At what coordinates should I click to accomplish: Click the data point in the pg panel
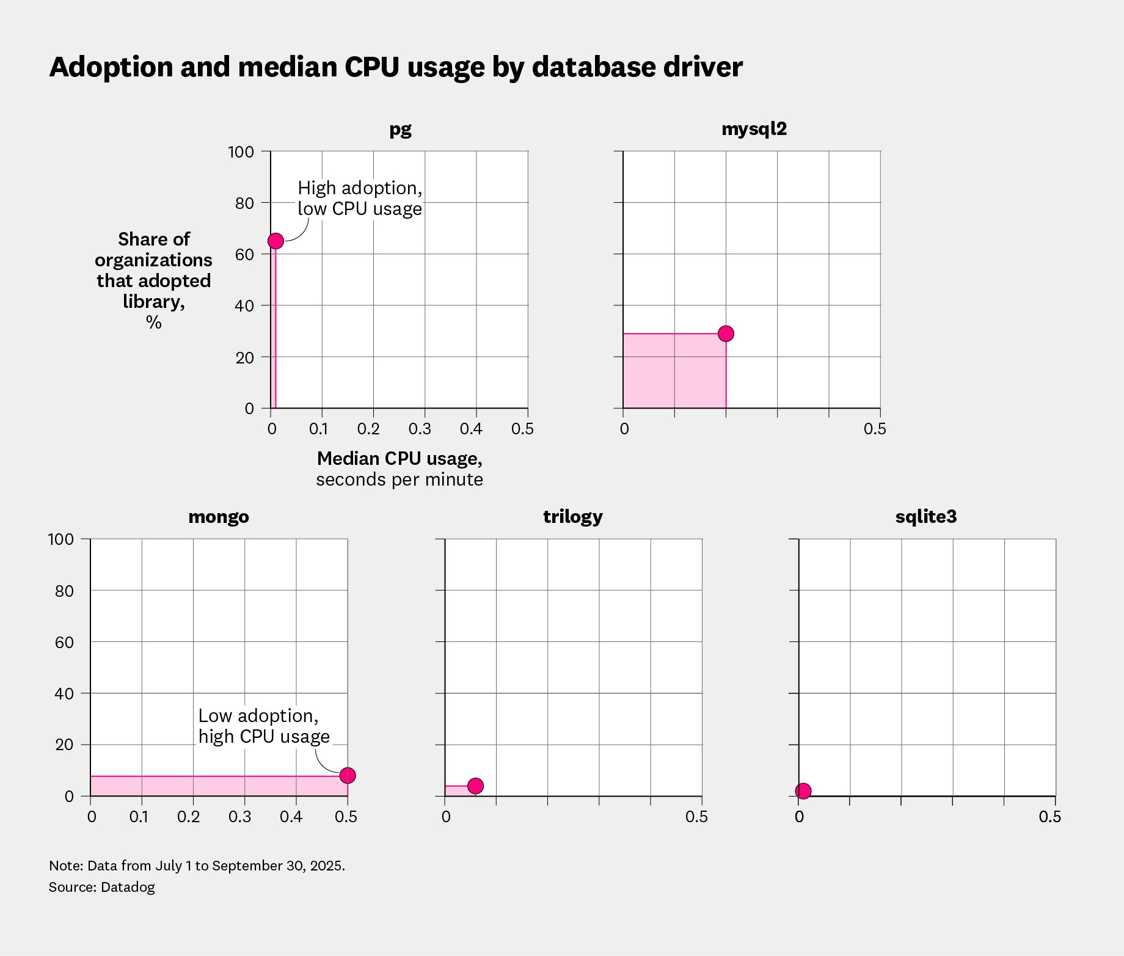pos(276,241)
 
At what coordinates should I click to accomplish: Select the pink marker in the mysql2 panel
pos(726,334)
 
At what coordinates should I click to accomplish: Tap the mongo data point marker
pos(347,775)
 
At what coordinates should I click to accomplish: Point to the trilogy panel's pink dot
pos(475,786)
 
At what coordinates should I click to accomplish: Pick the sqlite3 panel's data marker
pos(803,791)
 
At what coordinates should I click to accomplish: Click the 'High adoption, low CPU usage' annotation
pos(359,199)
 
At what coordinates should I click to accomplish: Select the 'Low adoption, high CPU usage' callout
pos(263,726)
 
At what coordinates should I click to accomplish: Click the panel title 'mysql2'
pos(754,129)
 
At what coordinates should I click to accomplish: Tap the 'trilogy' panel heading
pos(572,517)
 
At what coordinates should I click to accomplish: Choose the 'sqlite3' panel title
pos(925,517)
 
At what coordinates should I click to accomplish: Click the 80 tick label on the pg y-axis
pos(244,203)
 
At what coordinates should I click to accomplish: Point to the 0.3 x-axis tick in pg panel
pos(420,429)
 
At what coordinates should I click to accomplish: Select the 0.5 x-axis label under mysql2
pos(874,429)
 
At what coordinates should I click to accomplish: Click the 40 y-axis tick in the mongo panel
pos(64,693)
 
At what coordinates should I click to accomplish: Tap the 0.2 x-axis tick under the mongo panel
pos(188,817)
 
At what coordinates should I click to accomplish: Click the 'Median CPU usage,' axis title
pos(400,459)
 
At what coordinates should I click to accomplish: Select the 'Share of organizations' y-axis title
pos(153,249)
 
